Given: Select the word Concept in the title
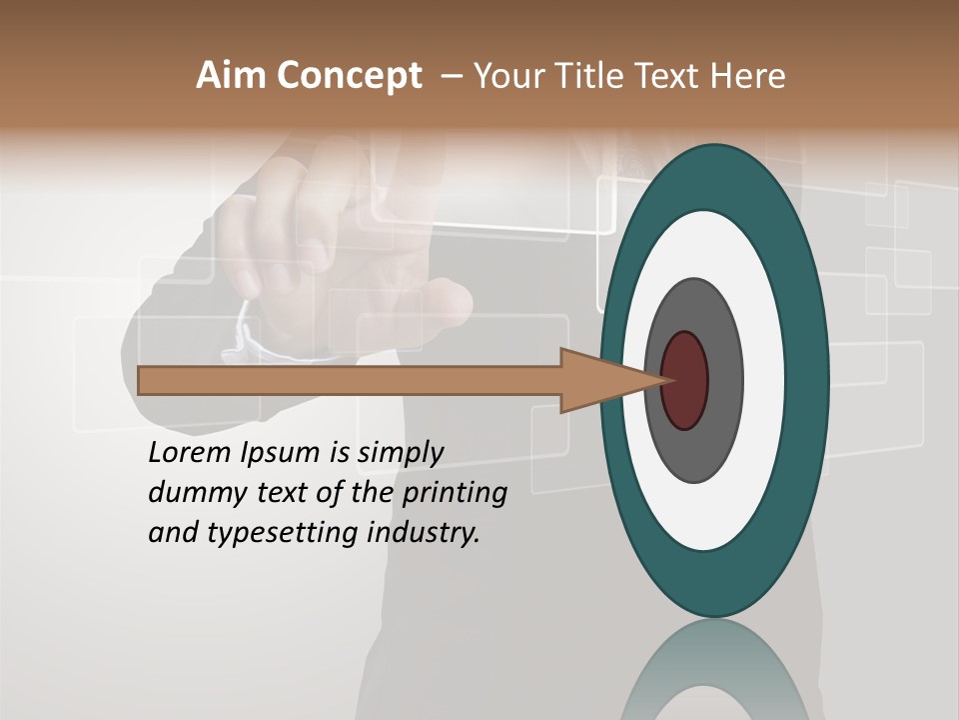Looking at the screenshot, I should [x=350, y=77].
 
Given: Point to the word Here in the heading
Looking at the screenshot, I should [x=748, y=76].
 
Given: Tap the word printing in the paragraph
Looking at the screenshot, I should [x=454, y=493].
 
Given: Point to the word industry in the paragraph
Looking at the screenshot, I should [x=424, y=532].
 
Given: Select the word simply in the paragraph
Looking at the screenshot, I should [x=400, y=453].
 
